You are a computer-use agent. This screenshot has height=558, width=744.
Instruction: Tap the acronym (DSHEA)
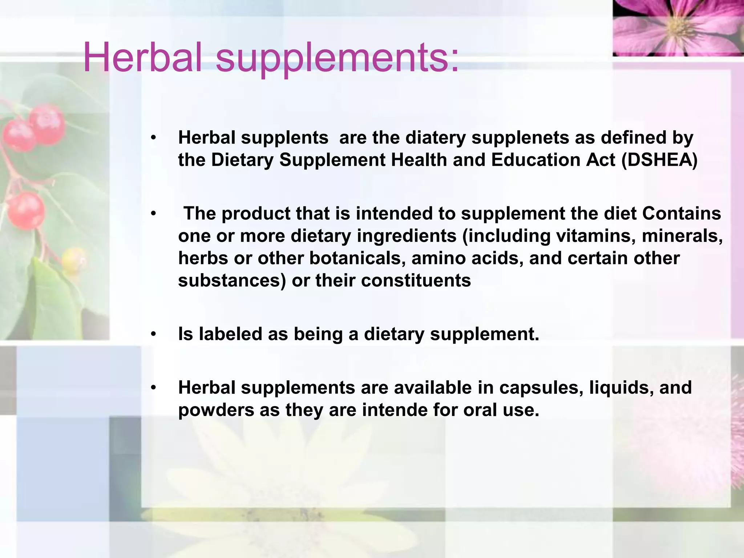(x=659, y=160)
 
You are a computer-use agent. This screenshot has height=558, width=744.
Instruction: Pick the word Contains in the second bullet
(x=682, y=213)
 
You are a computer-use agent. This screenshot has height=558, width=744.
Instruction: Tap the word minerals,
(x=682, y=236)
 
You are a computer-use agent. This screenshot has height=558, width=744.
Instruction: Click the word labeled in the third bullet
(x=231, y=334)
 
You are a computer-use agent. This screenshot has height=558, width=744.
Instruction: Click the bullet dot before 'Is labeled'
(x=154, y=334)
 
